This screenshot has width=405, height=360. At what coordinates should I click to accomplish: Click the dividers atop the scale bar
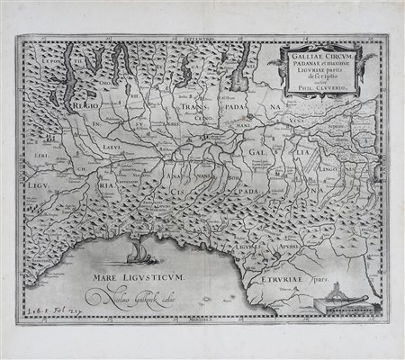(x=336, y=290)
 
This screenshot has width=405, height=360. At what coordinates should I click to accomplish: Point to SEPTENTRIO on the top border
(x=203, y=39)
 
